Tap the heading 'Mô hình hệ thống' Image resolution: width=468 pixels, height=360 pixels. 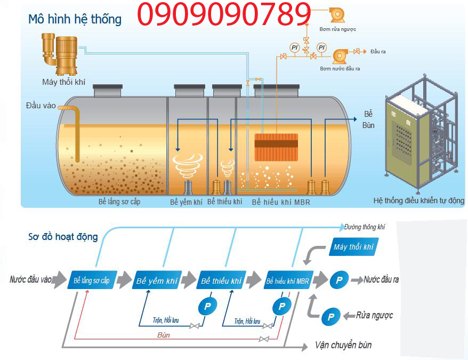[x=75, y=20]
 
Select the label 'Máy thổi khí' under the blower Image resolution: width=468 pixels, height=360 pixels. [x=63, y=82]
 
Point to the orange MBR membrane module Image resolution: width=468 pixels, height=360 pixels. [x=276, y=147]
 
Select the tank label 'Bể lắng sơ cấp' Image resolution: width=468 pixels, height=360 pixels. [x=119, y=202]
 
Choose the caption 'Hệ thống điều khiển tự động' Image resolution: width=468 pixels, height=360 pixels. [x=418, y=201]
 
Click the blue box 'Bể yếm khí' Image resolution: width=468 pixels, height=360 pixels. [x=157, y=280]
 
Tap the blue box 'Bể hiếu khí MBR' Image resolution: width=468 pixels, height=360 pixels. [x=287, y=280]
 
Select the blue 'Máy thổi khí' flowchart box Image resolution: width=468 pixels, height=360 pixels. [x=353, y=246]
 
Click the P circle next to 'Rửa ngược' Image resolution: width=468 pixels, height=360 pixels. [x=330, y=316]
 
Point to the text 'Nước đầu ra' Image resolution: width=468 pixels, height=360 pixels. [x=381, y=279]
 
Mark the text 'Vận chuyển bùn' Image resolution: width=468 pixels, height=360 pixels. [x=343, y=345]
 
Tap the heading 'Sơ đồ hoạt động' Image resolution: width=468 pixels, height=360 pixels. [x=63, y=236]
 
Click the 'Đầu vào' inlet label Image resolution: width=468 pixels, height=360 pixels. [x=41, y=106]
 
